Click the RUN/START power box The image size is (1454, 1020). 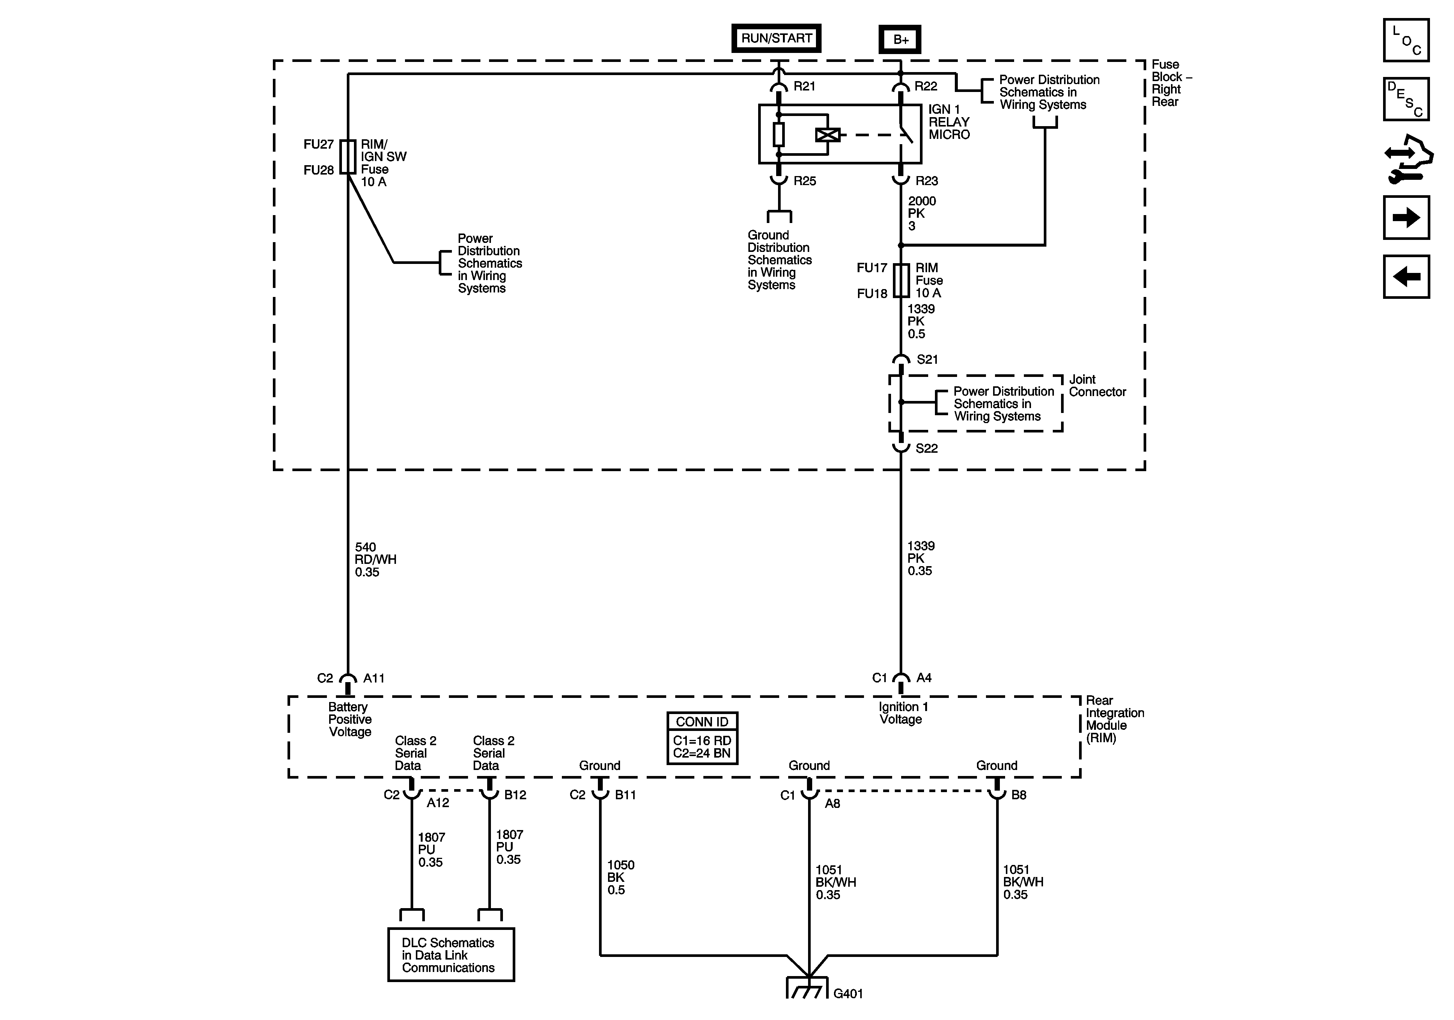pos(777,38)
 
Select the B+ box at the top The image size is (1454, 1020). pos(900,39)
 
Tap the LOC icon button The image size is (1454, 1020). pos(1406,40)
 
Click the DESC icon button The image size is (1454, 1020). pos(1406,99)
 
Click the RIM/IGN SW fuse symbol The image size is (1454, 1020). pos(348,157)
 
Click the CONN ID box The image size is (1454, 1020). pos(702,738)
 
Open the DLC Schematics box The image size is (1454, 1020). pos(451,955)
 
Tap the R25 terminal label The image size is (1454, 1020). pos(805,181)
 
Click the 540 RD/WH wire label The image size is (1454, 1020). pos(376,559)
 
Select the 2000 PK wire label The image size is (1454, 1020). pos(921,214)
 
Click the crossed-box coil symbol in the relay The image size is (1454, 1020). pos(828,135)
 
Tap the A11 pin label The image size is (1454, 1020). pos(373,678)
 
